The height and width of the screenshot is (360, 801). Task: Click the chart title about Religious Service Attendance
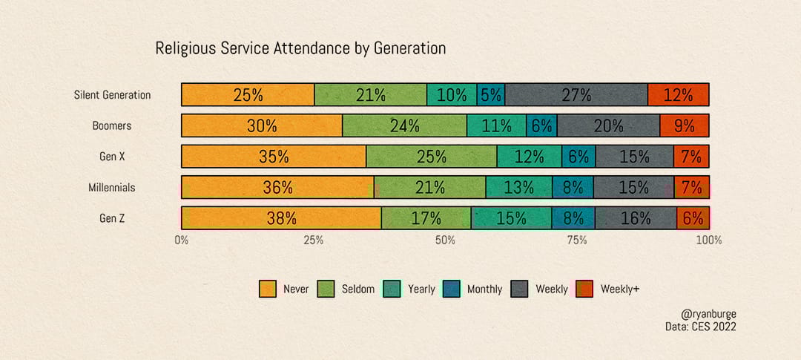300,49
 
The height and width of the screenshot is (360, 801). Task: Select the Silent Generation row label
112,95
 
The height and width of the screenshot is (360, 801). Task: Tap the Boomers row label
112,125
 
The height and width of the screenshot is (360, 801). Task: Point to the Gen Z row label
112,218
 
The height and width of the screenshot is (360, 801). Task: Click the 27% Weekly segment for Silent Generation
576,95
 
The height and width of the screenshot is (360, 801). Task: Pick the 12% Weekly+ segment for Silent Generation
678,95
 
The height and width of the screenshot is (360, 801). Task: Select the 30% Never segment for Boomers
262,125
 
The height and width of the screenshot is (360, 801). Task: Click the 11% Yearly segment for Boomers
496,125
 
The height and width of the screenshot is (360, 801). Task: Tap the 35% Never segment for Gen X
274,157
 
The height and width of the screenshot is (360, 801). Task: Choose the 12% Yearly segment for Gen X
529,157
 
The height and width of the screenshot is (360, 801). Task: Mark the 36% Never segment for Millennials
277,188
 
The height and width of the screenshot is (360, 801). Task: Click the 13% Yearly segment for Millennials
519,188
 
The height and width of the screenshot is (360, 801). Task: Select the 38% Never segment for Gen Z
282,218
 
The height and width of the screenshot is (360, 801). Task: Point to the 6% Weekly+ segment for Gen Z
693,218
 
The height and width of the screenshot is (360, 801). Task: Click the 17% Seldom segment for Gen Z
426,218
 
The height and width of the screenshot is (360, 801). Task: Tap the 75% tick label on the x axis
577,240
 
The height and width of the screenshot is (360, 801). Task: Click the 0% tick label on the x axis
182,240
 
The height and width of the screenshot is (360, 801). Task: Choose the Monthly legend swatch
452,289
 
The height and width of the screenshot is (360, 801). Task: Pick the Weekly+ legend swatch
585,289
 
